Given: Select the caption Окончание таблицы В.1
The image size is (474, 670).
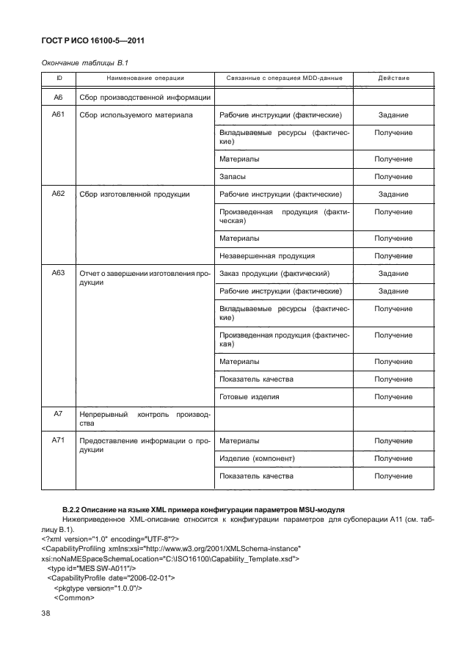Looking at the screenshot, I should point(89,62).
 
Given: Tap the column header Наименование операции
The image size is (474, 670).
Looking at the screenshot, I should point(145,78).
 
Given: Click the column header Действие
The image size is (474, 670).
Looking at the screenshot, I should point(393,78).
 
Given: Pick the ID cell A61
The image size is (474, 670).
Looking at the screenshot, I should point(59,115).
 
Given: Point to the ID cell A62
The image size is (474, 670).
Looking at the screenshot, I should point(59,194).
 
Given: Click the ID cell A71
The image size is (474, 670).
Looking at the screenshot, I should point(59,441).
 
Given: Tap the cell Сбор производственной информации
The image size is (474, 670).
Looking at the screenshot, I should point(145,98).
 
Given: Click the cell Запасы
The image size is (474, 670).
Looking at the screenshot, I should point(233,177).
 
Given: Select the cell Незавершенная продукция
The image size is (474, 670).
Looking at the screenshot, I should point(267,256).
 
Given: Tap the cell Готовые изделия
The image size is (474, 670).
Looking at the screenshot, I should point(249,397).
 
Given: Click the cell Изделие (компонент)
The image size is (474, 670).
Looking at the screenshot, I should point(257,459).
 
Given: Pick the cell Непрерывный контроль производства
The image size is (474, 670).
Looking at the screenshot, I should point(145,418).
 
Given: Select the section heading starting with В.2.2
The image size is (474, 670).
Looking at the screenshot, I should point(203,509).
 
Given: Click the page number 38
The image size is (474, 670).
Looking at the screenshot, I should point(45,615).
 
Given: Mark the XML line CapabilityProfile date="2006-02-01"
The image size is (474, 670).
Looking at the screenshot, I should point(111,578).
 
